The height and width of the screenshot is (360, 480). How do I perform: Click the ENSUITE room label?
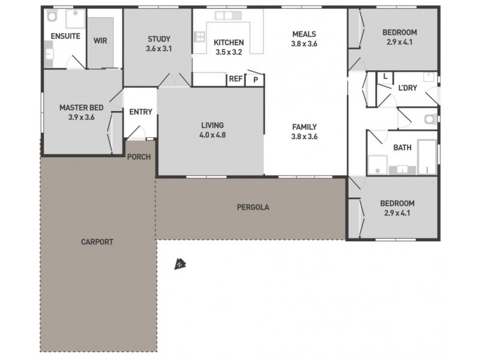click(x=65, y=37)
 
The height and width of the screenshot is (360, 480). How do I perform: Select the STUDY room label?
click(x=159, y=40)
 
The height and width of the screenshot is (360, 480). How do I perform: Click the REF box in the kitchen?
click(x=235, y=79)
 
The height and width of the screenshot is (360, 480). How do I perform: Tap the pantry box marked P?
click(x=256, y=79)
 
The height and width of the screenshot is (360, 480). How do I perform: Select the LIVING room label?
click(x=212, y=125)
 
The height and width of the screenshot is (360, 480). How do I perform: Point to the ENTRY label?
click(x=140, y=112)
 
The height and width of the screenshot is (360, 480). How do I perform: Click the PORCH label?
click(x=139, y=157)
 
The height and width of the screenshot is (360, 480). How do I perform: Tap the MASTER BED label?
click(x=81, y=108)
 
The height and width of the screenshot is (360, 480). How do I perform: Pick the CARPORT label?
click(x=97, y=242)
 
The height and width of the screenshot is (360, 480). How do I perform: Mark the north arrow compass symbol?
click(x=179, y=264)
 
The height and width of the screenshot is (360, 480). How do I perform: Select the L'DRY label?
click(x=407, y=88)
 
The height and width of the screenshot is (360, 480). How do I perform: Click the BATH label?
click(x=402, y=148)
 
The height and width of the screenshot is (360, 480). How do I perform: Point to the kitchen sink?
click(x=224, y=15)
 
